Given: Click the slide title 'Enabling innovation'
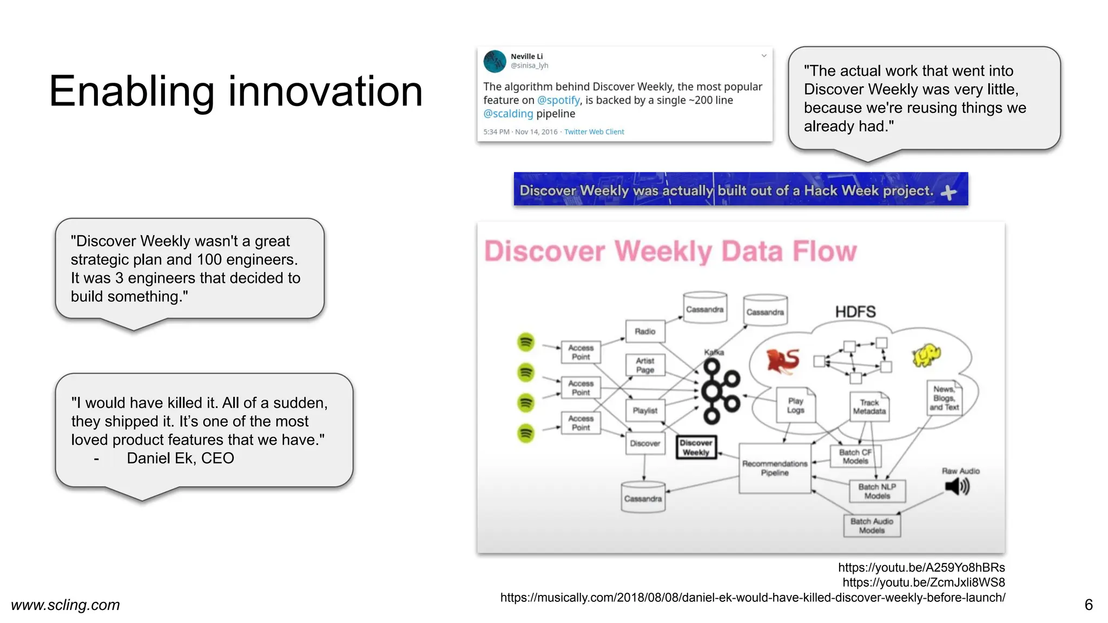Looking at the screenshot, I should [x=236, y=91].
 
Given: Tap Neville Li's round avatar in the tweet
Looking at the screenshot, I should [x=494, y=62].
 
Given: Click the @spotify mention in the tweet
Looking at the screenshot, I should [x=558, y=100].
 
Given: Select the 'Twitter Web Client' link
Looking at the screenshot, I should [x=594, y=132].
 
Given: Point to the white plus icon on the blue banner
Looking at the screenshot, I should [x=948, y=192].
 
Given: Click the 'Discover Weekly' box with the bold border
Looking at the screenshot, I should [x=696, y=448].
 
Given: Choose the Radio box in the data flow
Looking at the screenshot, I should [x=645, y=331].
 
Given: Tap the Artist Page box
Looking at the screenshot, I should [x=645, y=365].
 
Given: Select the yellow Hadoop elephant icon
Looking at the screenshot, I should [x=926, y=355].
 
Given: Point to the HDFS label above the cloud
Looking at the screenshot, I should [x=855, y=312].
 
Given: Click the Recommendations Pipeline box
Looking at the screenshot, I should [x=775, y=468].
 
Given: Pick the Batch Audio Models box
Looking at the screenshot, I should [x=872, y=526].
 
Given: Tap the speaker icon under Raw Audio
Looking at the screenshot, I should [x=957, y=487].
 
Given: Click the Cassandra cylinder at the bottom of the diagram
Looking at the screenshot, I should [x=643, y=497].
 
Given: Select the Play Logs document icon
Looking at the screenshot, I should [x=795, y=405].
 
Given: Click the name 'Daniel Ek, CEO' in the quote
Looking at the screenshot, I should [x=180, y=458].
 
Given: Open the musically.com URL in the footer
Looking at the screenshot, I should [x=753, y=598].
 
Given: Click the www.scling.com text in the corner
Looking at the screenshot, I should [x=65, y=605].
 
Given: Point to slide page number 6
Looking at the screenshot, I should [x=1089, y=605].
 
